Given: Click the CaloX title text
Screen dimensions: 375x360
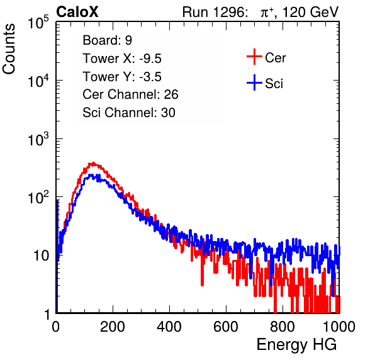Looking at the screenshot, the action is (77, 12).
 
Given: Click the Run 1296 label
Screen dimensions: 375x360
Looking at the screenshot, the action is (215, 12).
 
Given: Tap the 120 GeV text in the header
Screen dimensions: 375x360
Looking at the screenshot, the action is (310, 12).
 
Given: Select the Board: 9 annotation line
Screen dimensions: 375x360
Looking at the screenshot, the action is (108, 40).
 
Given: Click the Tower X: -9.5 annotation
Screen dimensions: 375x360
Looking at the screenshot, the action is (122, 59).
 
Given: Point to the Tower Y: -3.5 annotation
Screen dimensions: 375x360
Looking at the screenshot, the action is (122, 77).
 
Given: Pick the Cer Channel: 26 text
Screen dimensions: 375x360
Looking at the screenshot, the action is (130, 94).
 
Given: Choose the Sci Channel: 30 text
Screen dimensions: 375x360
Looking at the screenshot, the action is (129, 113).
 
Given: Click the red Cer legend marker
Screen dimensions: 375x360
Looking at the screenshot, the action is (254, 57).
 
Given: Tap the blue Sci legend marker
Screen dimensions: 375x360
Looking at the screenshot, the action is (254, 83).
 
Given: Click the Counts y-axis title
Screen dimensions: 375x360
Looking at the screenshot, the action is (9, 49).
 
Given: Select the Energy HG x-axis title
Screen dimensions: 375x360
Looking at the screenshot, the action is (296, 344).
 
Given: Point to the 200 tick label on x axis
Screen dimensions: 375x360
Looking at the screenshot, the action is (113, 327).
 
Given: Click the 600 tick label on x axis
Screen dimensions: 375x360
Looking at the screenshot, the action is (226, 327).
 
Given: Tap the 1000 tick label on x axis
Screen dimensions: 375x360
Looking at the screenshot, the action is (339, 327).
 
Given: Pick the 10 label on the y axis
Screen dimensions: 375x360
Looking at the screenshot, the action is (42, 256).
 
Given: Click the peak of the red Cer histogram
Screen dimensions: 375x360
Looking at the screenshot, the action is (92, 164).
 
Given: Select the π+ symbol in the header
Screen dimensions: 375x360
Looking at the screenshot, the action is (267, 12).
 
